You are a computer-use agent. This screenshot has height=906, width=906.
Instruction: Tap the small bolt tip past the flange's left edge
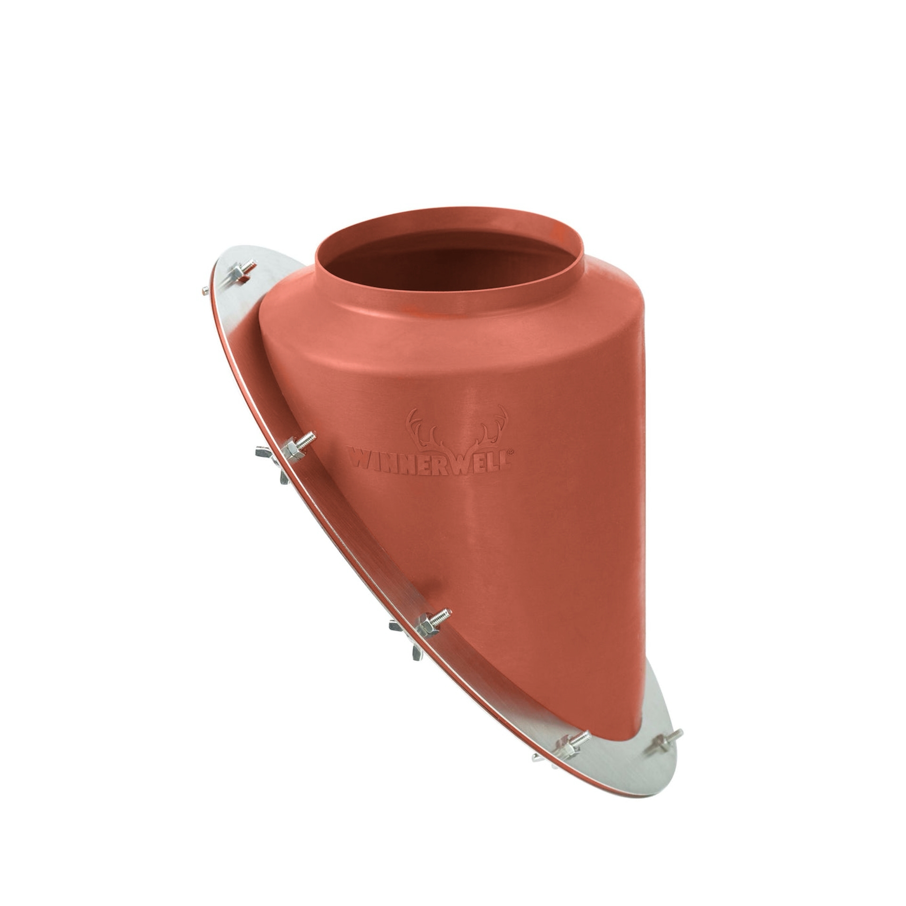205,291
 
